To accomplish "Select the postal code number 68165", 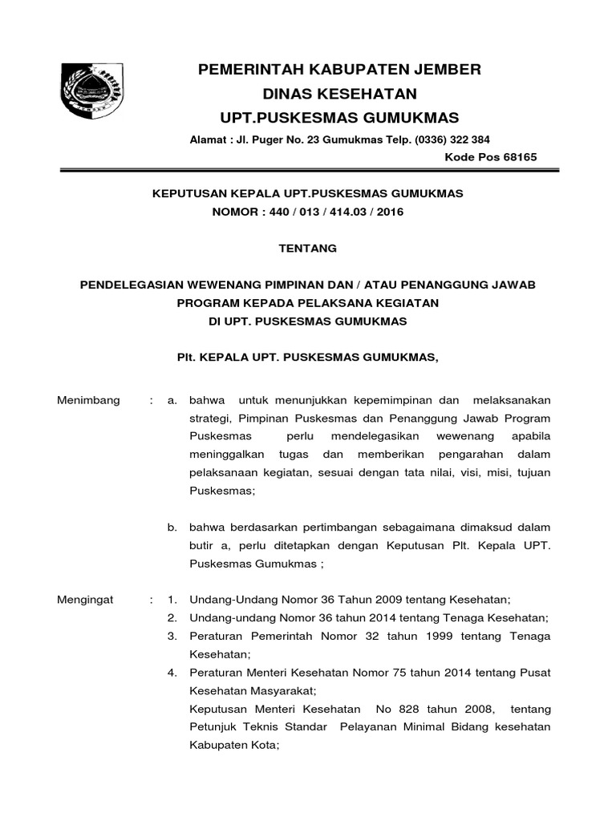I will tap(520, 157).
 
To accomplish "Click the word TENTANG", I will tap(307, 249).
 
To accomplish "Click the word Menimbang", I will tap(88, 399).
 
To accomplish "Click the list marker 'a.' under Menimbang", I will tap(171, 399).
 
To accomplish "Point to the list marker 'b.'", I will tap(171, 528).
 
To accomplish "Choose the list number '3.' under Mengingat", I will tap(171, 636).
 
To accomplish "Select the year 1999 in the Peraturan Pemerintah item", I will tap(416, 636).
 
